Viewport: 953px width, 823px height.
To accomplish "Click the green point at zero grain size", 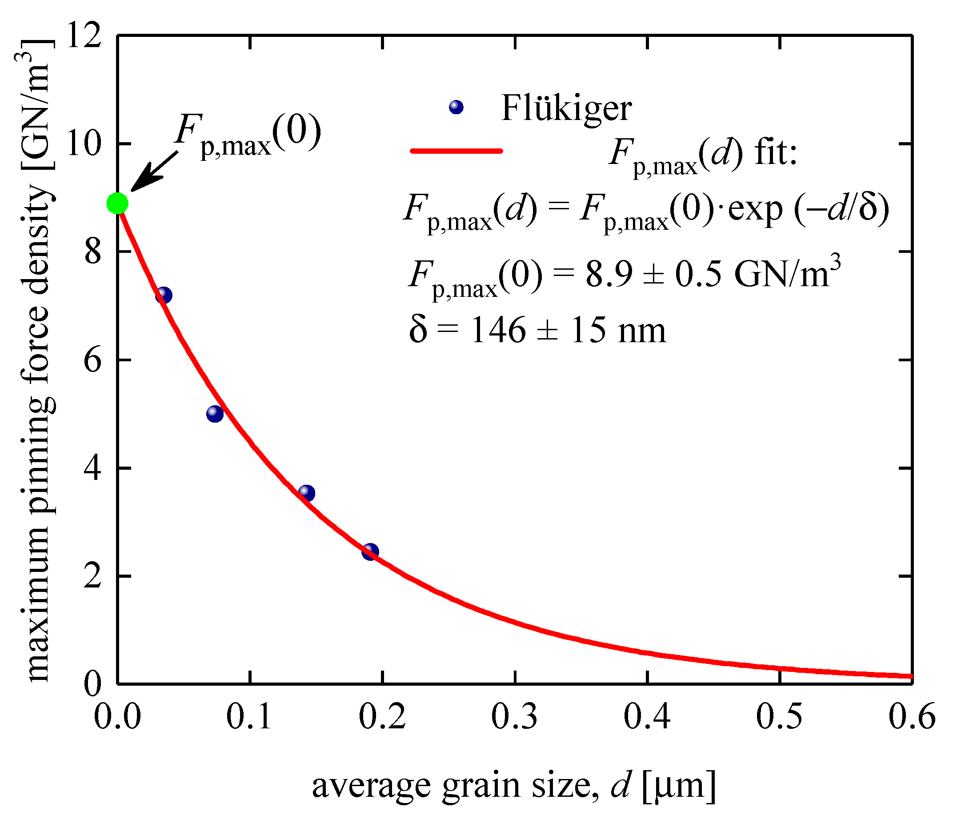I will [117, 203].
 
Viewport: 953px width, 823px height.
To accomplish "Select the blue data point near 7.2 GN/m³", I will [163, 295].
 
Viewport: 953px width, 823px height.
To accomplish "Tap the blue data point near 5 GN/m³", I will [215, 414].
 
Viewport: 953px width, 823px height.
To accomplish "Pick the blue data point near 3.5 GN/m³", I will [306, 493].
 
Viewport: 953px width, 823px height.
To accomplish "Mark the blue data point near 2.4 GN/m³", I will [370, 551].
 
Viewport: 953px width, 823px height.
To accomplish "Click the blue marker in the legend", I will [456, 107].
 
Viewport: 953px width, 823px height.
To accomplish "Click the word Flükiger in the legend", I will [566, 108].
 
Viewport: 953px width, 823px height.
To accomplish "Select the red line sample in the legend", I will [456, 151].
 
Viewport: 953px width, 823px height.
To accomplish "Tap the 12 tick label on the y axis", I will [84, 36].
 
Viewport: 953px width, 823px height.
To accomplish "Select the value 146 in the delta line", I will [498, 330].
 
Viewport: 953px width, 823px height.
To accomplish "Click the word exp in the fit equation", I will [755, 209].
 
